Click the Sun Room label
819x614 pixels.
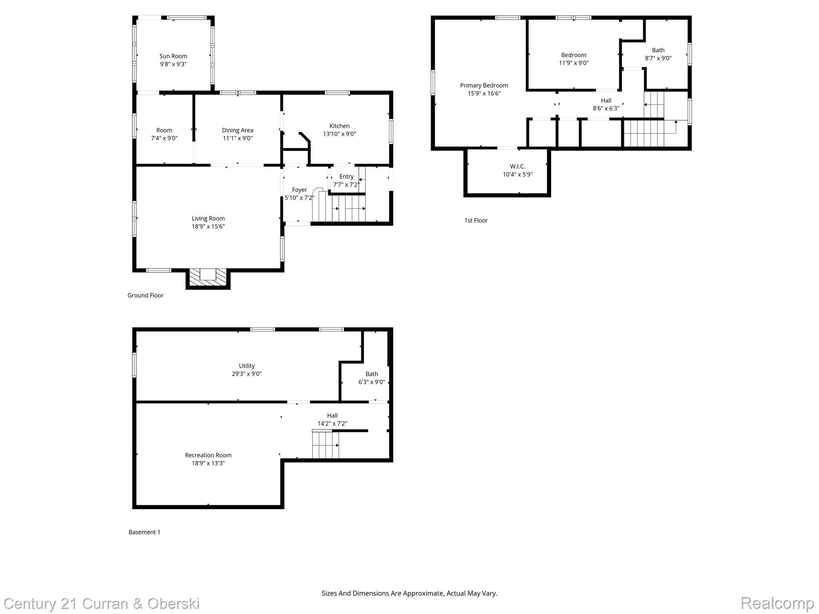coord(173,56)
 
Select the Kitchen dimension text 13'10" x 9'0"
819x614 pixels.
coord(340,134)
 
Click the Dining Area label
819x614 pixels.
coord(238,130)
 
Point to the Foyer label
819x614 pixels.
coord(300,190)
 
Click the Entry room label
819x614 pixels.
coord(346,177)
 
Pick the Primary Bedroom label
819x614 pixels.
coord(484,86)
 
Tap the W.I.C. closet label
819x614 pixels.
coord(517,167)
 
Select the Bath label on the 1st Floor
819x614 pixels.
coord(658,50)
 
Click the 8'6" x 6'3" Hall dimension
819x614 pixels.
coord(606,108)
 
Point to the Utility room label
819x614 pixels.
coord(247,366)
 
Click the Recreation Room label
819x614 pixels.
coord(208,455)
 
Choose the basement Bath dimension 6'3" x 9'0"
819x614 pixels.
coord(372,382)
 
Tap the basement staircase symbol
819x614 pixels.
coord(326,445)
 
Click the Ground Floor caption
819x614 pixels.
coord(146,295)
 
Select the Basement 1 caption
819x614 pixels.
coord(144,532)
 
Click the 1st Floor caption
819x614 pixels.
coord(476,221)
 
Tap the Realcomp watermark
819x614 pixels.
coord(777,603)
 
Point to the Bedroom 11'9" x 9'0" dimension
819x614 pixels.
coord(573,63)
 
